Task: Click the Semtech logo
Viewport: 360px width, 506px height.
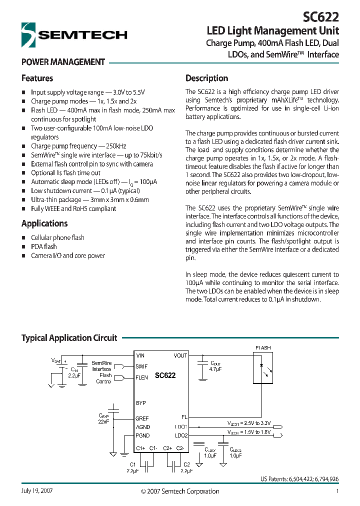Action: [74, 34]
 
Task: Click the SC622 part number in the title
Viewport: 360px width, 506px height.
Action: [321, 17]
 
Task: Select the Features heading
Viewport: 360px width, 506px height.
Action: [37, 78]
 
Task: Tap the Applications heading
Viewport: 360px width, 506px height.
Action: [44, 223]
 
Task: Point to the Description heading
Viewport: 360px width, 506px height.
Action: [206, 78]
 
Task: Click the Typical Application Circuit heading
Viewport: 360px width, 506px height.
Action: [69, 338]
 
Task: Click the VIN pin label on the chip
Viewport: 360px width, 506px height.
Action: [141, 355]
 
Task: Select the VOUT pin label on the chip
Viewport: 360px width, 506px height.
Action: [180, 355]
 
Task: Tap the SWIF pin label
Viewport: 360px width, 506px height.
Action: [142, 366]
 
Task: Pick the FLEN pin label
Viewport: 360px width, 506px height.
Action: [142, 377]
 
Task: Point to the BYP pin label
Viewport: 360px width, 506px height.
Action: [140, 403]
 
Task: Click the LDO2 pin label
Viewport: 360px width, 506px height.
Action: [181, 435]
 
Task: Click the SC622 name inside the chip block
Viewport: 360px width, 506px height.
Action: [165, 375]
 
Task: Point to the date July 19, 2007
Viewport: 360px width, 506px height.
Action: [37, 491]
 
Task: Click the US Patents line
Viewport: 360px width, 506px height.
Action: [299, 478]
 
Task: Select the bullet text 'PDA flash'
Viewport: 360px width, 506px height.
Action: [44, 246]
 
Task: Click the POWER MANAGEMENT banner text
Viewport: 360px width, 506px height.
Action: [63, 62]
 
